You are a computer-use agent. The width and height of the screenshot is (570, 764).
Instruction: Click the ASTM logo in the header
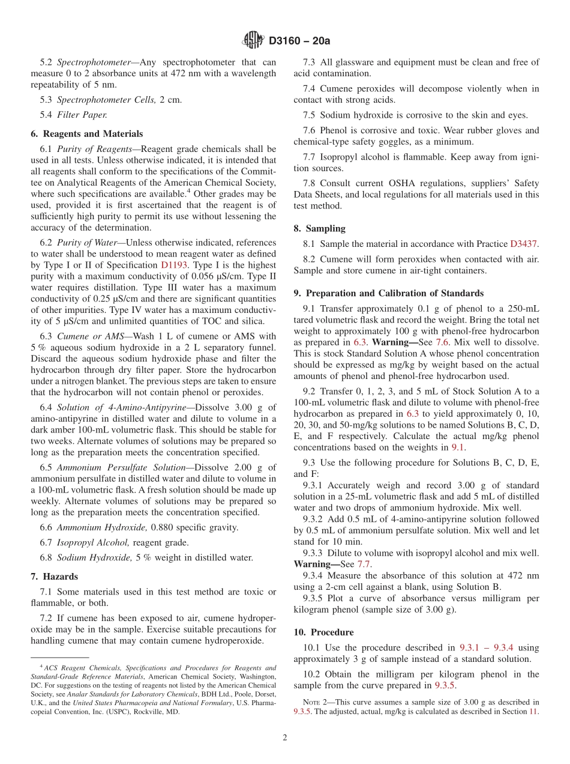point(253,41)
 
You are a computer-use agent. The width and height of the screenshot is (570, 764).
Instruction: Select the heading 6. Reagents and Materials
point(86,134)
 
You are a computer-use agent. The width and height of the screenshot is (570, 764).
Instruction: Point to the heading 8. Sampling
point(319,228)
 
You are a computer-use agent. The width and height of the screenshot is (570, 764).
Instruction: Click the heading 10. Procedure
point(323,632)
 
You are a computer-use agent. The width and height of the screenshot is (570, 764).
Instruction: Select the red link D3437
point(524,244)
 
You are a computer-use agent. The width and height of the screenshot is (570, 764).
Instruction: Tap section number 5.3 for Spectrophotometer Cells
point(46,99)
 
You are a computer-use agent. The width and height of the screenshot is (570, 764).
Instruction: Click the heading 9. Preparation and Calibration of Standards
point(388,293)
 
